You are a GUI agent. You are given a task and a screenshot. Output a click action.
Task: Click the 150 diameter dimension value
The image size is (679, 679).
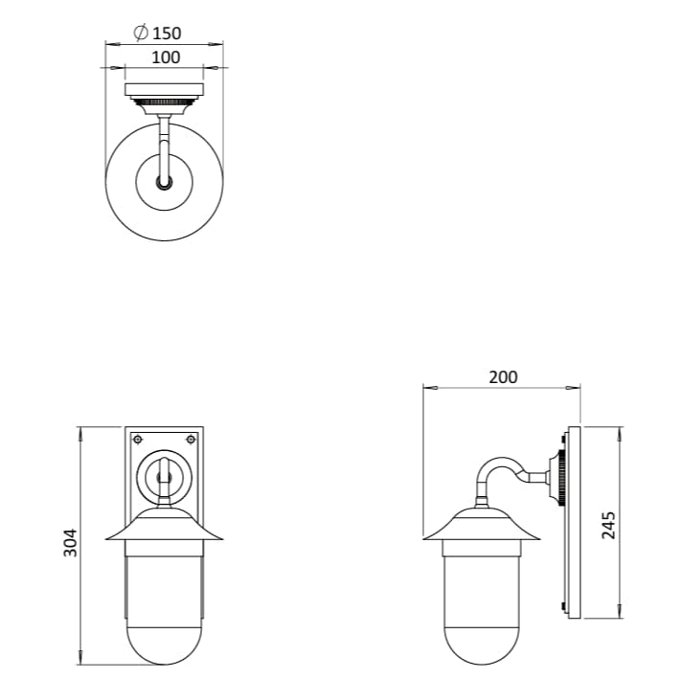[167, 34]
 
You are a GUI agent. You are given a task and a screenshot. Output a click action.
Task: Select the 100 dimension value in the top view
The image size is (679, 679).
[165, 57]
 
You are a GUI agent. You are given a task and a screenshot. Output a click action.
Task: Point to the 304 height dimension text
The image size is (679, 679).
[70, 544]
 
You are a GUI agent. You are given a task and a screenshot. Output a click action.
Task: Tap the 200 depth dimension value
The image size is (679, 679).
[503, 376]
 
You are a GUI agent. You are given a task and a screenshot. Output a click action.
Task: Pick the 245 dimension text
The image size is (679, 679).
[608, 525]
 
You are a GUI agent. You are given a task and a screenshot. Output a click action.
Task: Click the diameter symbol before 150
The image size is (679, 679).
[140, 34]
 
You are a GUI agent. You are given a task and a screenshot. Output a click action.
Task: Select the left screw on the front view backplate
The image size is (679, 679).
[138, 440]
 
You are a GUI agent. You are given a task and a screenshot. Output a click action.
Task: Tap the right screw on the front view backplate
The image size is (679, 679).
[191, 440]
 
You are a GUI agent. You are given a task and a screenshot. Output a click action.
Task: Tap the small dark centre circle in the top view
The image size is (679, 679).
[165, 182]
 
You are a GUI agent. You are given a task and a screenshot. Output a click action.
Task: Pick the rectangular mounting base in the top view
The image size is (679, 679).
[165, 90]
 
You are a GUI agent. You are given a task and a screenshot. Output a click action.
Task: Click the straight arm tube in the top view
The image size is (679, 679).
[165, 144]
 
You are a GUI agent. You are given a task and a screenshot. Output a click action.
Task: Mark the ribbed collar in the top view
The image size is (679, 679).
[165, 102]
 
